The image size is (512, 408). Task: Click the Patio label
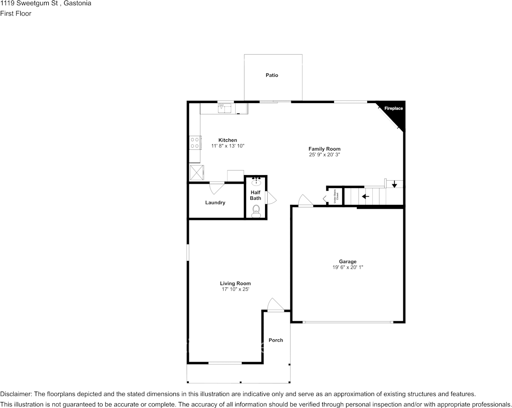coord(272,75)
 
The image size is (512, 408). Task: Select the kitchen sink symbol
coord(225,108)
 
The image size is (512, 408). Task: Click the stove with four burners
coord(195,143)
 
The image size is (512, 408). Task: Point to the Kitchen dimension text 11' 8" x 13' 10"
coord(228,146)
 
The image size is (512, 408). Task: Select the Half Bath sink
coord(256,181)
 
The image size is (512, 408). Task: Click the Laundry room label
coord(215,202)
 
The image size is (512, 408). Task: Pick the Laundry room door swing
coord(216,188)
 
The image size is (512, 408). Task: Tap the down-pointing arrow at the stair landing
coord(394,185)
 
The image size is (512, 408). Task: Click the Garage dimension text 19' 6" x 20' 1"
coord(347,267)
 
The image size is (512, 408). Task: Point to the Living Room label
coord(235,283)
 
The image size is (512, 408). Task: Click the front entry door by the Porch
coord(275,305)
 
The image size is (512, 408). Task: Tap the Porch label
coord(276,340)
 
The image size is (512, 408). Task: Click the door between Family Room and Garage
coord(305,201)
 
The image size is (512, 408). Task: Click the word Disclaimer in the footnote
coord(15,394)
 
